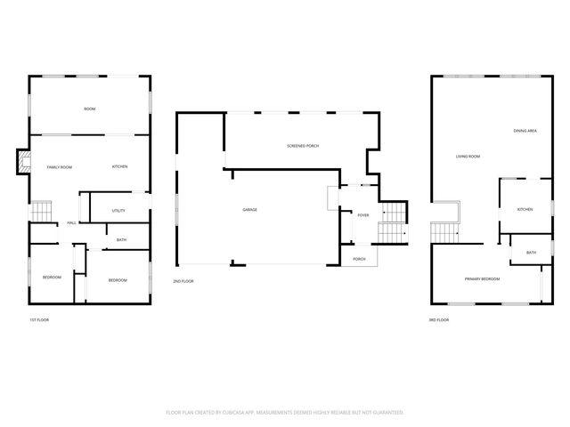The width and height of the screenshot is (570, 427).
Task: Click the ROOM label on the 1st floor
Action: [x=90, y=109]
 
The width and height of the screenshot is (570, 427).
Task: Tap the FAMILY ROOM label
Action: [x=60, y=167]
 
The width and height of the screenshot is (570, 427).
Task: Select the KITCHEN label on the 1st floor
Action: [x=119, y=167]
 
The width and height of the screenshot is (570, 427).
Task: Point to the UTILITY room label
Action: [x=118, y=211]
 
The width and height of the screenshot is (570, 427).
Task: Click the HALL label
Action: [x=70, y=224]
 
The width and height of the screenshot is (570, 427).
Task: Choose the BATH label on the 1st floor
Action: [x=120, y=239]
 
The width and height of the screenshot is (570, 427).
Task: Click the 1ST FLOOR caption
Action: [x=39, y=319]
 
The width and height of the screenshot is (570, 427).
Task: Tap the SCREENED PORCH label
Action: [x=303, y=146]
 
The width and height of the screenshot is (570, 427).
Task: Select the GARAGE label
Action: [x=250, y=210]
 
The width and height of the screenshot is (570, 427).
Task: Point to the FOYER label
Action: [x=363, y=215]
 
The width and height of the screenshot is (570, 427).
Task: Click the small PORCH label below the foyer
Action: [x=360, y=259]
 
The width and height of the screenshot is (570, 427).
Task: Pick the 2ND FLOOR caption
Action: [x=183, y=281]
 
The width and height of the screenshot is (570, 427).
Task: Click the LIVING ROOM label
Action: [x=468, y=157]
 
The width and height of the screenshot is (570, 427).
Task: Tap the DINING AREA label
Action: [x=525, y=132]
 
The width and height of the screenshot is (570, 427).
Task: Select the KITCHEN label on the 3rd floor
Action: [x=525, y=209]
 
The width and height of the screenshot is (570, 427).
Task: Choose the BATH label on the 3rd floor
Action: [x=531, y=253]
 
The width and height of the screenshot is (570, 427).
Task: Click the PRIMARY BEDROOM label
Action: [x=482, y=279]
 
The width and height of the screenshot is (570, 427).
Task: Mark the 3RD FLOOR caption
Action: [x=439, y=319]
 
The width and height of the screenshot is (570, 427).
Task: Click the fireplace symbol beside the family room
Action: [x=23, y=161]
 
